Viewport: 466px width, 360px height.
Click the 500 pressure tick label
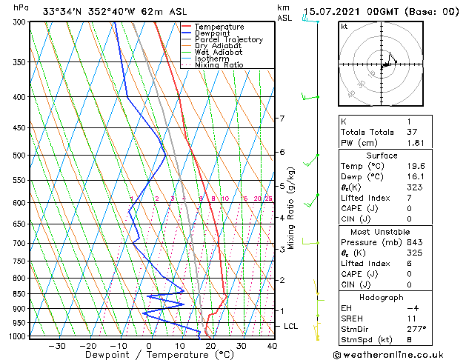(x=20, y=156)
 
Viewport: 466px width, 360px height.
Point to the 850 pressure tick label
(x=20, y=294)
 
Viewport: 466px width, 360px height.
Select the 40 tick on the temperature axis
(x=272, y=345)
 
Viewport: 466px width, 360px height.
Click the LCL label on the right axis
(x=291, y=326)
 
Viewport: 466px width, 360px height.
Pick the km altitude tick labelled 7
(x=282, y=119)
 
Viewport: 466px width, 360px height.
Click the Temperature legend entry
(x=220, y=27)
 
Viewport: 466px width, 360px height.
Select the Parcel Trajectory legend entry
(x=228, y=39)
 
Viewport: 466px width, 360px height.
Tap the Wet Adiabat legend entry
(x=219, y=52)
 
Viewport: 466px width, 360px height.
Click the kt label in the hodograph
(x=344, y=26)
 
